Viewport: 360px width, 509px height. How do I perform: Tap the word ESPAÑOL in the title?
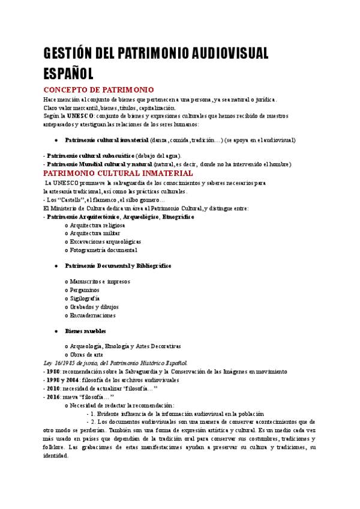[68, 73]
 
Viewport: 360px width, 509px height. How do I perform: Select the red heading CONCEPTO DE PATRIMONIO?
[99, 89]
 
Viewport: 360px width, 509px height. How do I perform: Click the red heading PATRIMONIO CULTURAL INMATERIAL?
[118, 173]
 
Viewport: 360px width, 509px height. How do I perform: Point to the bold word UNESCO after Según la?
[79, 115]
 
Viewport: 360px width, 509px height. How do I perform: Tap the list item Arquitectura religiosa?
[98, 225]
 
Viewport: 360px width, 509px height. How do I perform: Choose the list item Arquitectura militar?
[95, 233]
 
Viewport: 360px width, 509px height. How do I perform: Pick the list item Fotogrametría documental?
[103, 250]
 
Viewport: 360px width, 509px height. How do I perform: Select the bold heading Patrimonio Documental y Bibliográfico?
[118, 265]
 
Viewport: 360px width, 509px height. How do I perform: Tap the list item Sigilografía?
[85, 298]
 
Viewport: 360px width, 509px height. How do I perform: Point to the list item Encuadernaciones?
[92, 315]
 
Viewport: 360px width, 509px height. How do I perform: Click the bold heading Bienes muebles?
[85, 331]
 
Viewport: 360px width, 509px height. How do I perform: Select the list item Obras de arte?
[86, 355]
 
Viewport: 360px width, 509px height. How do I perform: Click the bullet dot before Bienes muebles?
[56, 331]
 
